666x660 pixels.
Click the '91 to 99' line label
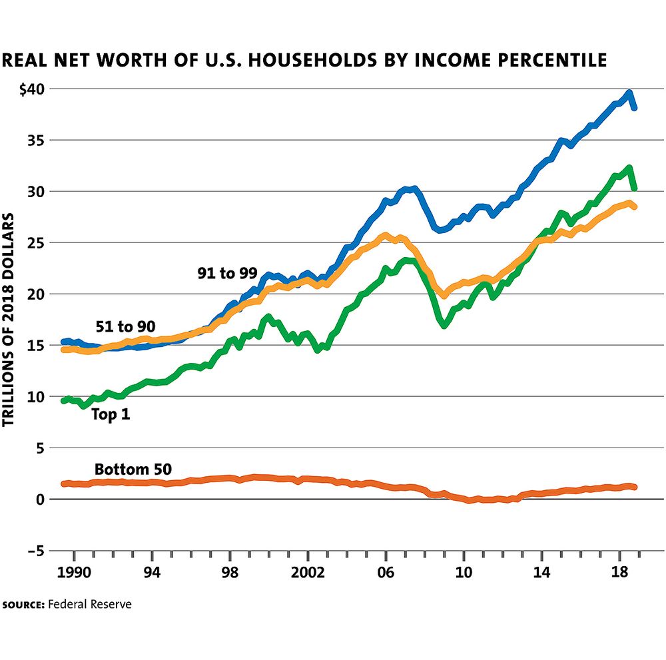coord(227,273)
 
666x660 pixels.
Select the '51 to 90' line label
coord(126,326)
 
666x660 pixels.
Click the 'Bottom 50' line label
coord(133,469)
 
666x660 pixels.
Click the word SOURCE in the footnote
coord(23,605)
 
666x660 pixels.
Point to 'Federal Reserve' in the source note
coord(90,604)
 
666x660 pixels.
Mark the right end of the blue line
coord(635,107)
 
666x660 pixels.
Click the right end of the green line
coord(635,188)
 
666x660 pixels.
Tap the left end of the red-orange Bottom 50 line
coord(63,484)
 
